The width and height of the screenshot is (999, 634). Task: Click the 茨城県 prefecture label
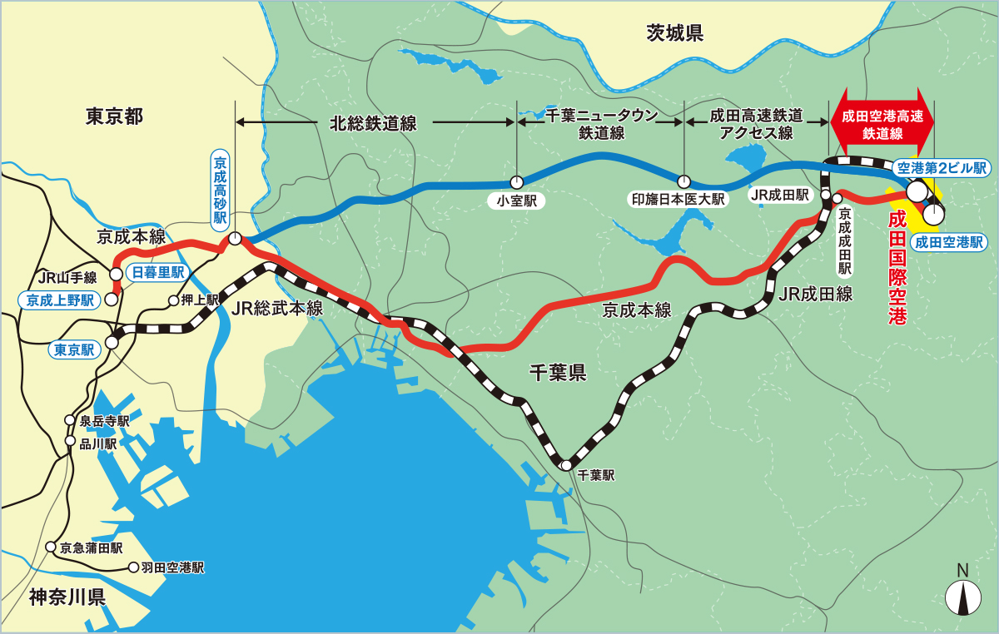click(x=675, y=33)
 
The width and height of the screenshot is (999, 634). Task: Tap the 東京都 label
click(x=115, y=116)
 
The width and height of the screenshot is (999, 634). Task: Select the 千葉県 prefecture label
click(x=558, y=373)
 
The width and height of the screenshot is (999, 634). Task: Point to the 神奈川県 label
click(x=67, y=597)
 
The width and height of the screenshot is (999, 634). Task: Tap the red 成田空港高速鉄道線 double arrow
click(x=882, y=122)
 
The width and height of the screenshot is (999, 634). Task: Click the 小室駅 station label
click(x=516, y=201)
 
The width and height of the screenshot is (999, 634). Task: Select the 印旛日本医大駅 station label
click(x=678, y=200)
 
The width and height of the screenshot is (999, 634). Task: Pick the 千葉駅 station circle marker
click(x=567, y=465)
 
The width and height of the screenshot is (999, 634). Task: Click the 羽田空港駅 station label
click(x=172, y=568)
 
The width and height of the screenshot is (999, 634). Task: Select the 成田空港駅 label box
click(x=948, y=242)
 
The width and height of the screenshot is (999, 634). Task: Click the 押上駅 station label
click(x=201, y=300)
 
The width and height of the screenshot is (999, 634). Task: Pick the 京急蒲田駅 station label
click(x=92, y=547)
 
